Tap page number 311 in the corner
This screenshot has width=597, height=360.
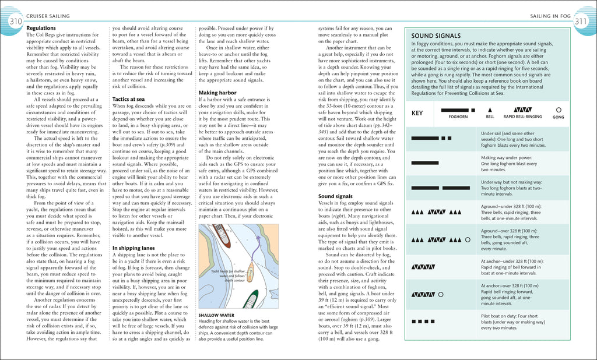[x=581, y=22]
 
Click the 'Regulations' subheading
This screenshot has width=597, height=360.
[x=41, y=28]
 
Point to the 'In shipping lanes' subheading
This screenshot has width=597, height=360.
[x=134, y=248]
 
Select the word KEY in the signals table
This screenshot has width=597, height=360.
[x=417, y=113]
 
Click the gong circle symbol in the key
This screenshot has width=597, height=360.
[x=559, y=110]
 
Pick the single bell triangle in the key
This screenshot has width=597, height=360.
[x=490, y=110]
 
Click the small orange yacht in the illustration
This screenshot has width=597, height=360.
[x=250, y=272]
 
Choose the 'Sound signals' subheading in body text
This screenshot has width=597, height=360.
[x=335, y=196]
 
